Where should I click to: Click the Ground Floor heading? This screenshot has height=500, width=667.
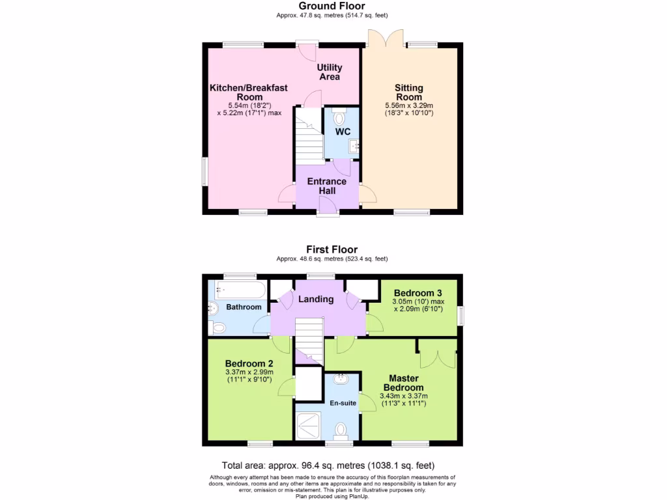tap(332, 6)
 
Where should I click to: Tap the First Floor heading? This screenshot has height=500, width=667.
tap(332, 249)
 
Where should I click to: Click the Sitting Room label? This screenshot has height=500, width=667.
tap(408, 92)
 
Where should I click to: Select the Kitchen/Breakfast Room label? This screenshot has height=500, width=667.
tap(248, 92)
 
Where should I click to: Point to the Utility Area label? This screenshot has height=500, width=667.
tap(330, 72)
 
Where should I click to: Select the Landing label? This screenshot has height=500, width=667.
tap(316, 299)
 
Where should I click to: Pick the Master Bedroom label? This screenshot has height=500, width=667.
tap(403, 383)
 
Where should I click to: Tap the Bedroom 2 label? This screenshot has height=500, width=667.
tap(249, 363)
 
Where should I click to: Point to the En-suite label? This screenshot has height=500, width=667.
tap(343, 403)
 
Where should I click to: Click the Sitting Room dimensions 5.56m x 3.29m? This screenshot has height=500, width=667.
tap(409, 105)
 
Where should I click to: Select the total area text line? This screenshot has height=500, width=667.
tap(328, 465)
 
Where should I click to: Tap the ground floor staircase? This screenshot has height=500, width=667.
tap(309, 135)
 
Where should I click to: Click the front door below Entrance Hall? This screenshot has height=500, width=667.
tap(328, 207)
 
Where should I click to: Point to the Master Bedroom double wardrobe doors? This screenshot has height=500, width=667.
tap(438, 354)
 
